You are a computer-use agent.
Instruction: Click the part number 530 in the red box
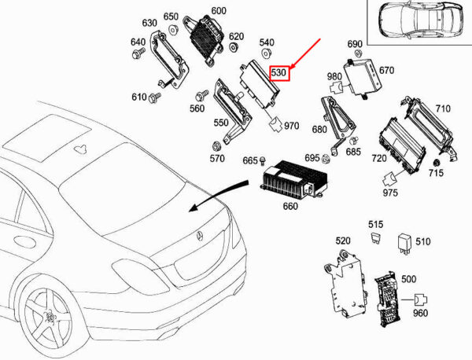coord(278,73)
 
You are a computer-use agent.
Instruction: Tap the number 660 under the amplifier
coord(290,206)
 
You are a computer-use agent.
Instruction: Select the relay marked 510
coord(405,244)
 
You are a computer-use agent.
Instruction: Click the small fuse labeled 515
coord(374,237)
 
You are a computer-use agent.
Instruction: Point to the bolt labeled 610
coord(155,97)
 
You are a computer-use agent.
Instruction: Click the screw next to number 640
coord(138,53)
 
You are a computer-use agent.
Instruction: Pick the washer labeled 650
coord(173,30)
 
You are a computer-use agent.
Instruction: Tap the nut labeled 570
coord(216,146)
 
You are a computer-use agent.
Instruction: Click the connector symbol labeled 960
coord(421,299)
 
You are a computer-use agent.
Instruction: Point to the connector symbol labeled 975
coord(390,179)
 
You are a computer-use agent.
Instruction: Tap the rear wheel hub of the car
coord(48,318)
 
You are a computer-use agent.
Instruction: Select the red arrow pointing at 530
coord(305,53)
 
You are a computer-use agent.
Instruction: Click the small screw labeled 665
coord(263,160)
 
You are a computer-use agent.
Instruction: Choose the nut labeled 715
coord(436,163)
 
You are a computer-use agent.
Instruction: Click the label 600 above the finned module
coord(219,11)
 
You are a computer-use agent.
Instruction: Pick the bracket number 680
coord(319,130)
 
